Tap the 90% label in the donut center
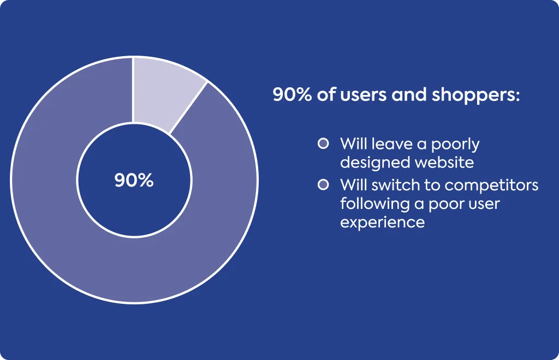coord(134,180)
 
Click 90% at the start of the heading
coord(292,95)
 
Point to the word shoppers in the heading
coord(475,95)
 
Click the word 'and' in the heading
coord(409,95)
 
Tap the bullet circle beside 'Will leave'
coord(323,143)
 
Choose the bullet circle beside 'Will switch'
coord(323,185)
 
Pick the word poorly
coord(455,145)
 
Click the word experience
coord(383,223)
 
